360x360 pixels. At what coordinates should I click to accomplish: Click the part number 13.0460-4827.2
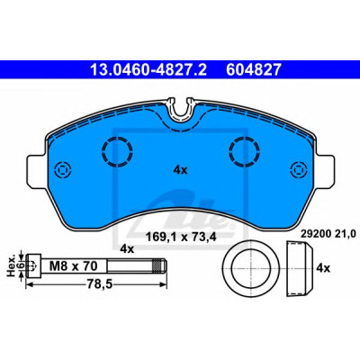coord(148,69)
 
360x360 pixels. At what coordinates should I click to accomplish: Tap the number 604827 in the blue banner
coord(254,69)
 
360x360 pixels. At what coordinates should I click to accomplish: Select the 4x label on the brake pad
coord(180,170)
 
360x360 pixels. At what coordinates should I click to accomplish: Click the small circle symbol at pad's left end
coord(62,170)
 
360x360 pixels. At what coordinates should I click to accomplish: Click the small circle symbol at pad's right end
coord(299,170)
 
